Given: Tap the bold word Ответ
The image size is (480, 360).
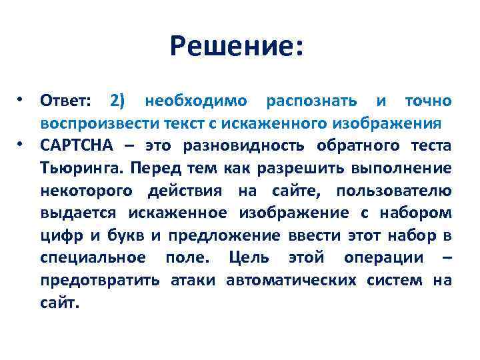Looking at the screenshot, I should pos(67,101).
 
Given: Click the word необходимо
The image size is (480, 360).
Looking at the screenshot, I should pos(196,101).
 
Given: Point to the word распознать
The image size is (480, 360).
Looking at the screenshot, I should pos(311,101).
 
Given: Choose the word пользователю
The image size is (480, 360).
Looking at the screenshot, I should pos(393,191).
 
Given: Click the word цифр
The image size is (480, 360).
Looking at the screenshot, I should pos(58,236).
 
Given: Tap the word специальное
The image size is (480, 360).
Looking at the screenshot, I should pos(93,259).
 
